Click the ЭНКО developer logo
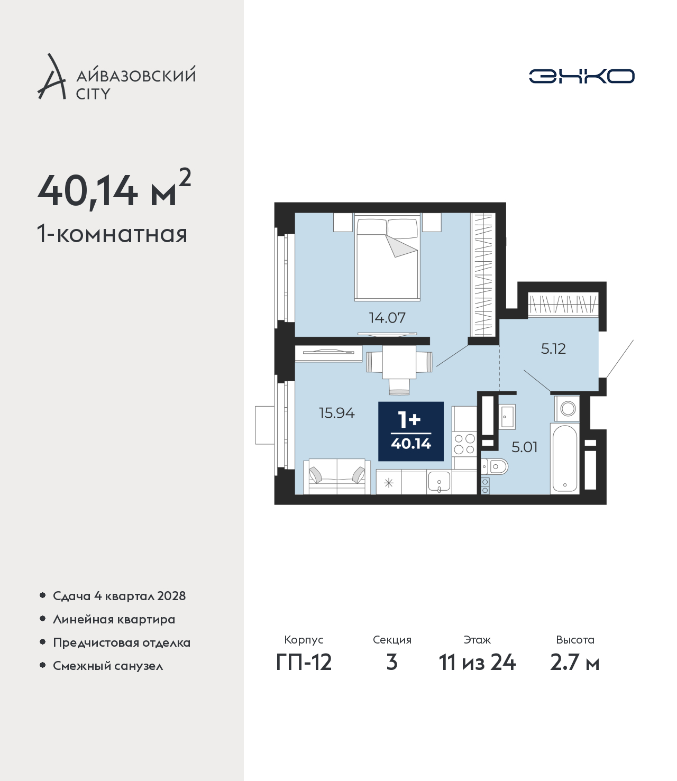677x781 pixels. (x=581, y=76)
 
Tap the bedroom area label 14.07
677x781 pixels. (x=387, y=318)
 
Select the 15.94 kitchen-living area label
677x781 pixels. (x=337, y=413)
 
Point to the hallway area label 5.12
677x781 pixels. (x=553, y=349)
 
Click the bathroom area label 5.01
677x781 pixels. (x=524, y=447)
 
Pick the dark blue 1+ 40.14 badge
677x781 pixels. (x=411, y=431)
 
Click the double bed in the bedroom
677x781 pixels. (x=388, y=258)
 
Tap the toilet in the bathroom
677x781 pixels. (x=495, y=467)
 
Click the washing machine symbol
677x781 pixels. (x=568, y=408)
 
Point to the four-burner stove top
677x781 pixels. (x=464, y=444)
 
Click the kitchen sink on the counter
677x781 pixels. (x=439, y=482)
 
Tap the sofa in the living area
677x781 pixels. (x=337, y=477)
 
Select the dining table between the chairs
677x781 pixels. (x=399, y=362)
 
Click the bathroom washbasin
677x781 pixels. (x=507, y=416)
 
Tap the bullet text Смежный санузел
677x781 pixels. (x=108, y=666)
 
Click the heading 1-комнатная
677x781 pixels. (x=112, y=234)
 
